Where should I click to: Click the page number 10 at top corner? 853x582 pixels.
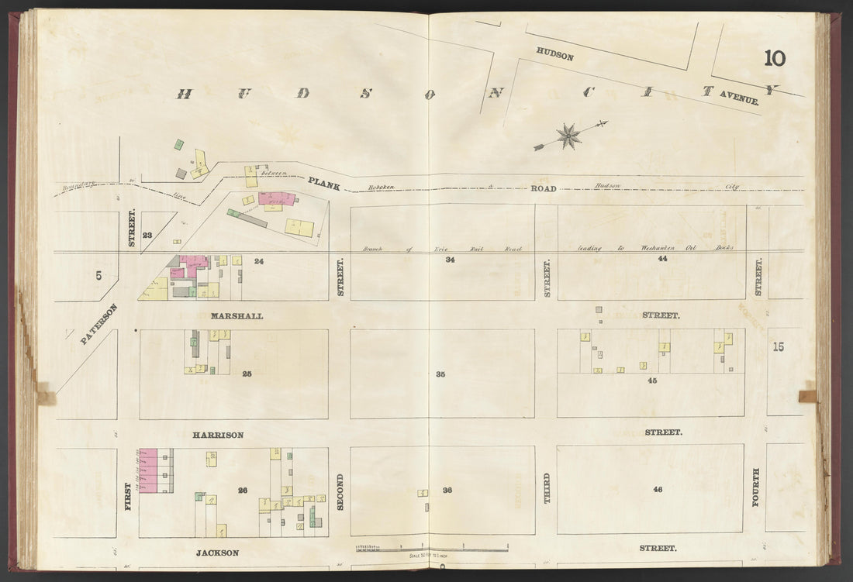coord(774,58)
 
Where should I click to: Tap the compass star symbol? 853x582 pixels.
coord(569,136)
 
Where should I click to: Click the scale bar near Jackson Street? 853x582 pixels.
coord(431,548)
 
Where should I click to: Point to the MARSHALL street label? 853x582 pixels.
coord(237,316)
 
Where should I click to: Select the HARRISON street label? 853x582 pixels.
coord(218,435)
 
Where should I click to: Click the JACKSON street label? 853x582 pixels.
coord(216,553)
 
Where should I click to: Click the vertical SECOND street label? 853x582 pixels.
coord(340,492)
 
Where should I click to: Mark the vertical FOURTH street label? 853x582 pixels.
coord(756,487)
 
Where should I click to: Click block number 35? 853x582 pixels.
coord(440,374)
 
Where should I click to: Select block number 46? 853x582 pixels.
coord(658,489)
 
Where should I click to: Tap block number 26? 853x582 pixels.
coord(243,490)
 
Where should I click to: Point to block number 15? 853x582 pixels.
coord(778,346)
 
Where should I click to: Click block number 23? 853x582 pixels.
coord(147,235)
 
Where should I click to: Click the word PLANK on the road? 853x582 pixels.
coord(323,184)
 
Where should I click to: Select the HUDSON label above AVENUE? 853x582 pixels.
coord(554,56)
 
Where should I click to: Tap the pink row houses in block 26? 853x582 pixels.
coord(147,470)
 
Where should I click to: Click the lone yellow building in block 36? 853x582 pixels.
coord(423,493)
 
